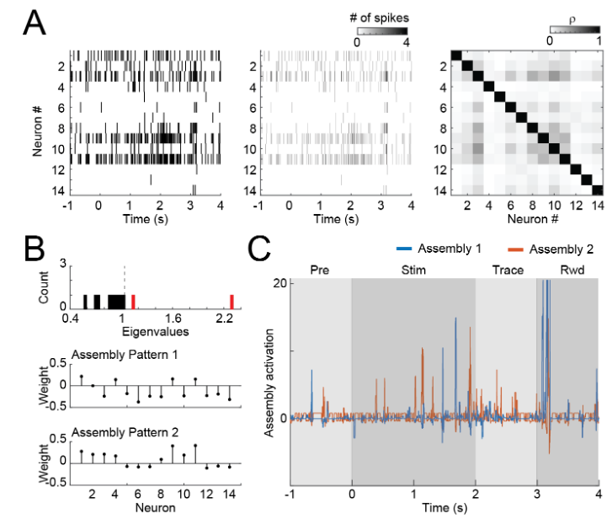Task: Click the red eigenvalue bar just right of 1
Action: click(x=133, y=303)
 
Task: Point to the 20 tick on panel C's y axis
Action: click(x=279, y=281)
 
